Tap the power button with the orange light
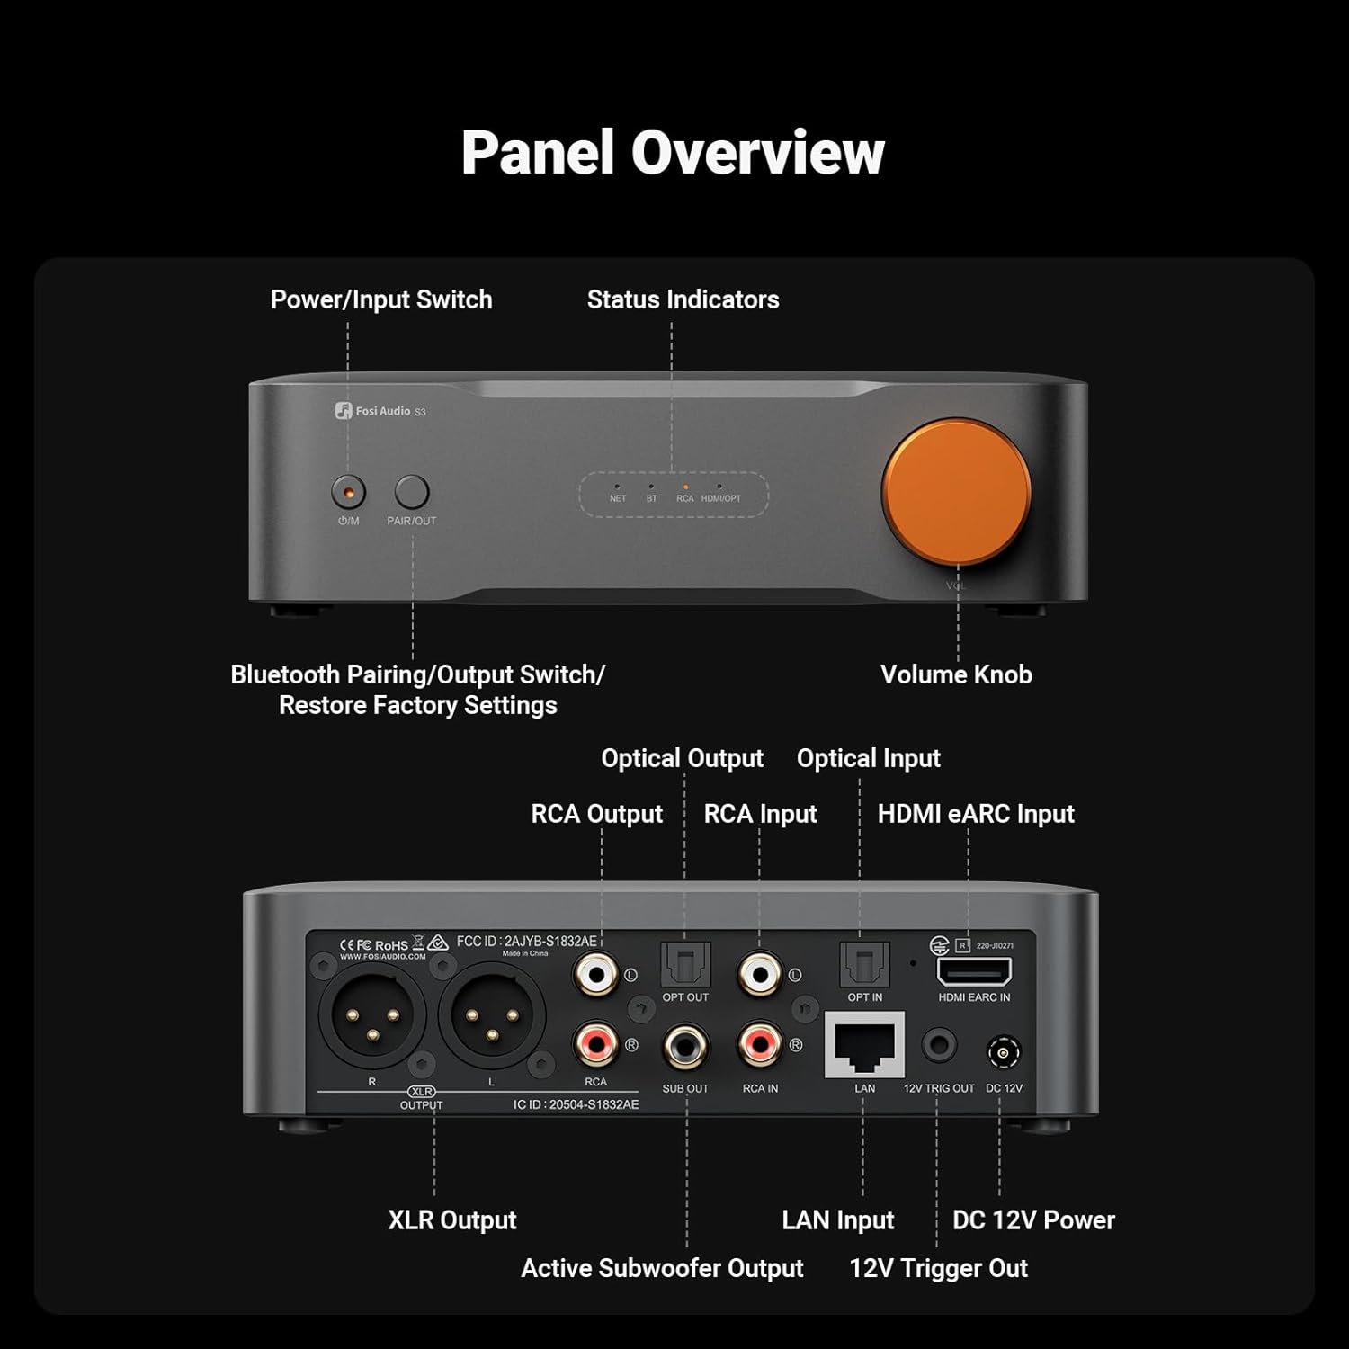coord(348,491)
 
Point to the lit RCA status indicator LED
coord(685,487)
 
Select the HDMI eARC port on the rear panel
coord(974,971)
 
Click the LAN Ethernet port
coord(864,1044)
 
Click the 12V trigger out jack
coord(939,1046)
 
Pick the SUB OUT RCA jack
coord(685,1046)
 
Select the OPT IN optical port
coord(864,964)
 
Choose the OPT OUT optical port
coord(685,964)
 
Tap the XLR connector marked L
coord(491,1015)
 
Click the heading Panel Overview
coord(673,152)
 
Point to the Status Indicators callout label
coord(683,299)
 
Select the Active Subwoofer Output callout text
coord(662,1268)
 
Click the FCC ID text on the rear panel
coord(526,941)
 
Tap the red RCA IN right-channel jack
coord(760,1044)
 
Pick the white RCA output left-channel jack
coord(595,972)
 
